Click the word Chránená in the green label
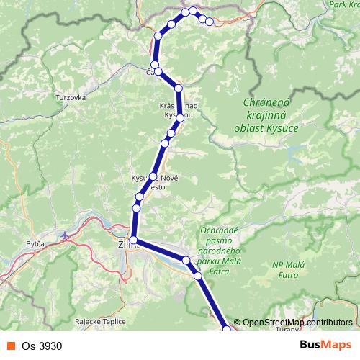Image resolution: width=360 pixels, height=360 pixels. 266,103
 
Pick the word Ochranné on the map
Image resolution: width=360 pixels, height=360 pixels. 217,230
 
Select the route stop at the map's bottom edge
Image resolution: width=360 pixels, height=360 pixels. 228,330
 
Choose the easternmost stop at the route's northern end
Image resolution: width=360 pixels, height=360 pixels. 210,22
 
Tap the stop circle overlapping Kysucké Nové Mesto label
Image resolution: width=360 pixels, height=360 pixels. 153,176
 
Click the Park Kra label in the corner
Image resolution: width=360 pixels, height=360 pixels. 343,4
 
